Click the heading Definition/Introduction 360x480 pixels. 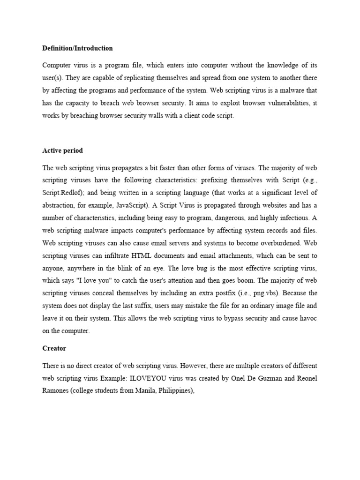pyautogui.click(x=77, y=48)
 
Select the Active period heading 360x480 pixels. pyautogui.click(x=62, y=151)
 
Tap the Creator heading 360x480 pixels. pyautogui.click(x=54, y=349)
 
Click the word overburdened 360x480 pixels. pyautogui.click(x=272, y=244)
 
